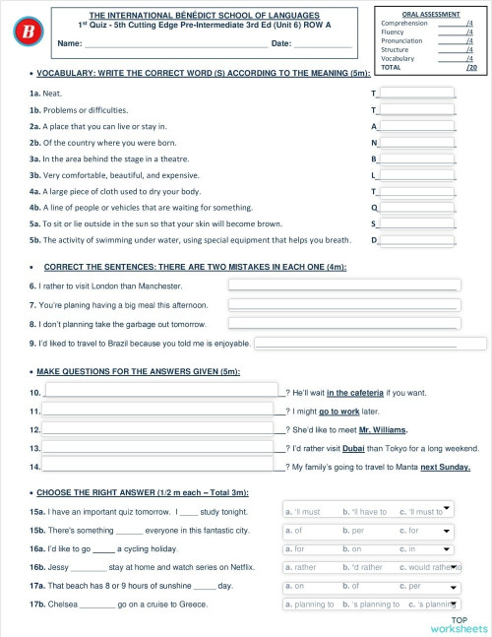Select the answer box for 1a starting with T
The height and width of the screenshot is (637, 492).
pos(416,94)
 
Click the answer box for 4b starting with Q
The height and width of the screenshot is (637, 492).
pos(416,208)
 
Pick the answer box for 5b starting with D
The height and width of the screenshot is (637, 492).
pos(416,239)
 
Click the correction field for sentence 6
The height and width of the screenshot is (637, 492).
pos(344,286)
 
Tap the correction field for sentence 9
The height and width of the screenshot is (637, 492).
pos(370,344)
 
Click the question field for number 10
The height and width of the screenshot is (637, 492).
pos(164,392)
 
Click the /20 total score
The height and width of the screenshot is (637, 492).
pos(471,68)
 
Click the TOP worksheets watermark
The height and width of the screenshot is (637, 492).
pos(458,623)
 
